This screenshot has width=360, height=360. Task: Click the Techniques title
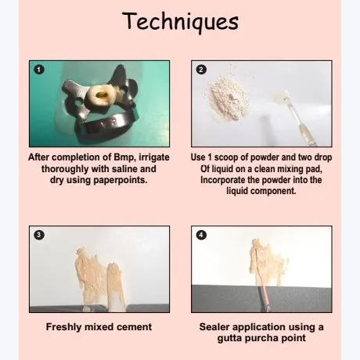pos(180,22)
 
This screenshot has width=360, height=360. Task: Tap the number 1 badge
pos(39,70)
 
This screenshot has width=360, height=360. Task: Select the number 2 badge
pos(201,70)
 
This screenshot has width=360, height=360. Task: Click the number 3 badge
pos(39,235)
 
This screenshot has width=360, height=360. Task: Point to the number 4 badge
pos(201,235)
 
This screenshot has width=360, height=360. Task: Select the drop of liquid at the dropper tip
pos(279,95)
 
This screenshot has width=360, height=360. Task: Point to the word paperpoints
pos(121,180)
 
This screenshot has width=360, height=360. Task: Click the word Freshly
pos(63,327)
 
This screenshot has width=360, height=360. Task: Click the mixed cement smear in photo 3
pos(99,279)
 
